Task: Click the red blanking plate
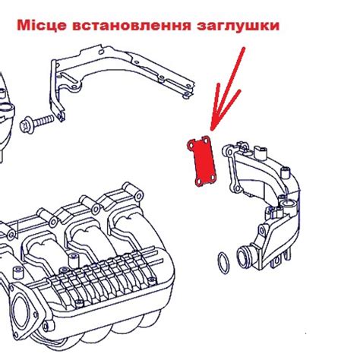click(x=201, y=160)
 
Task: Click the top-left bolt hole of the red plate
click(x=192, y=144)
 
